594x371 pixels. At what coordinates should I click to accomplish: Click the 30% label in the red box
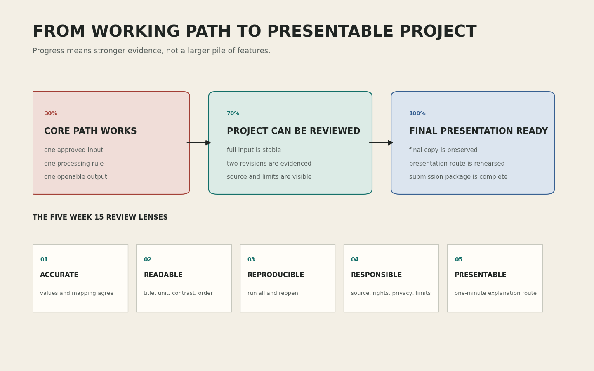51,113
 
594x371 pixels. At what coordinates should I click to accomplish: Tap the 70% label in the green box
233,113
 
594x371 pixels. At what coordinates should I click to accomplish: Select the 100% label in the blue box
417,113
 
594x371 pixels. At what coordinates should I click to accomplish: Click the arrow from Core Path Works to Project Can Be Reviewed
199,143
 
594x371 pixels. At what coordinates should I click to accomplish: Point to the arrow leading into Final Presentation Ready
381,143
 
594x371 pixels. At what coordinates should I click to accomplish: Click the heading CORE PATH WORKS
90,131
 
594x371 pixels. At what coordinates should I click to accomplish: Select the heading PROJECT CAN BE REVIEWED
294,131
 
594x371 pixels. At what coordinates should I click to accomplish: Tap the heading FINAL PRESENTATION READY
478,131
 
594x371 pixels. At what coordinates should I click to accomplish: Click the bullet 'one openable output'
75,177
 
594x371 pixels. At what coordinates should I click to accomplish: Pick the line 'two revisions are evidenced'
269,164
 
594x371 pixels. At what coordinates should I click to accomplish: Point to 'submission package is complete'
458,177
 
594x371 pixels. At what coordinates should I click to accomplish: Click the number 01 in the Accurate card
44,260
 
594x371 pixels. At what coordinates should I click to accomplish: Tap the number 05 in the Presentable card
459,260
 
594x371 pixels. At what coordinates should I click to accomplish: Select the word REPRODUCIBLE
276,275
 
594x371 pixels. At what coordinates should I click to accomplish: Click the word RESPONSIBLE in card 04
376,275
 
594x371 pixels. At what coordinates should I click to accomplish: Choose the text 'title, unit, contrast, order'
178,293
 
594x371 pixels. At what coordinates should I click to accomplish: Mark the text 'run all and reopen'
273,293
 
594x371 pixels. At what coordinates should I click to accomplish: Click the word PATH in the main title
208,31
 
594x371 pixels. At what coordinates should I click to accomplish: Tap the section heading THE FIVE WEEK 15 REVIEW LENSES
100,218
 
